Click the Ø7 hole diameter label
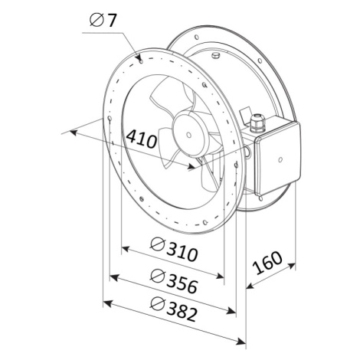103,20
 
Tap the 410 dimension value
142,139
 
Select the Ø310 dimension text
174,250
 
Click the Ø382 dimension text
174,309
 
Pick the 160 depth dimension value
267,263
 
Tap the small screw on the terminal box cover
280,159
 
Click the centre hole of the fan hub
188,135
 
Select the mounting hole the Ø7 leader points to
141,61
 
